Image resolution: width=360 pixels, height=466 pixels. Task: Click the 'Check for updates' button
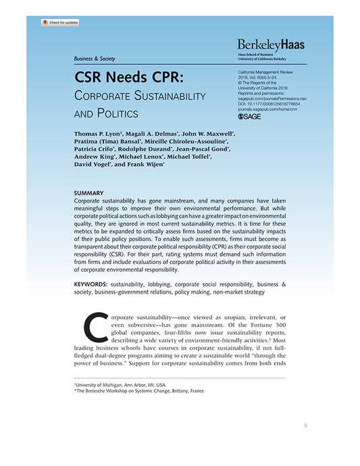[60, 22]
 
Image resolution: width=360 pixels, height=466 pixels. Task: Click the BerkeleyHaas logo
[271, 44]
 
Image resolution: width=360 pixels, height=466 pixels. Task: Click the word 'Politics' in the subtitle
[119, 113]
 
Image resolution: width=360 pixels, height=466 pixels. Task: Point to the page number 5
[305, 425]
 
